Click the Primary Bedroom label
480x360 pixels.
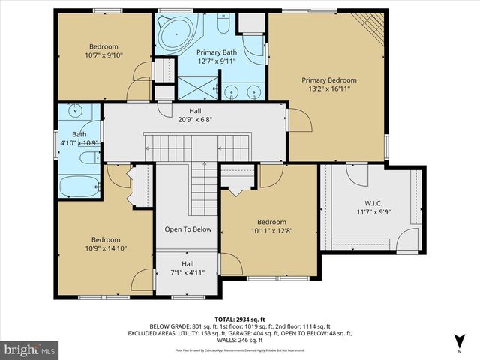[x=328, y=79]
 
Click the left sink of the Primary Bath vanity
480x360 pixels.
[x=230, y=93]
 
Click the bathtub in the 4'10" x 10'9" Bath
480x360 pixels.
[x=79, y=186]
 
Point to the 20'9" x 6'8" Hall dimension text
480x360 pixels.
[x=194, y=119]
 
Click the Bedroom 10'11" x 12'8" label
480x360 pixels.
[x=271, y=231]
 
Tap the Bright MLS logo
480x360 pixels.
[x=30, y=349]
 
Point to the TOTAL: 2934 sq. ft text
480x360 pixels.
[x=241, y=319]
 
